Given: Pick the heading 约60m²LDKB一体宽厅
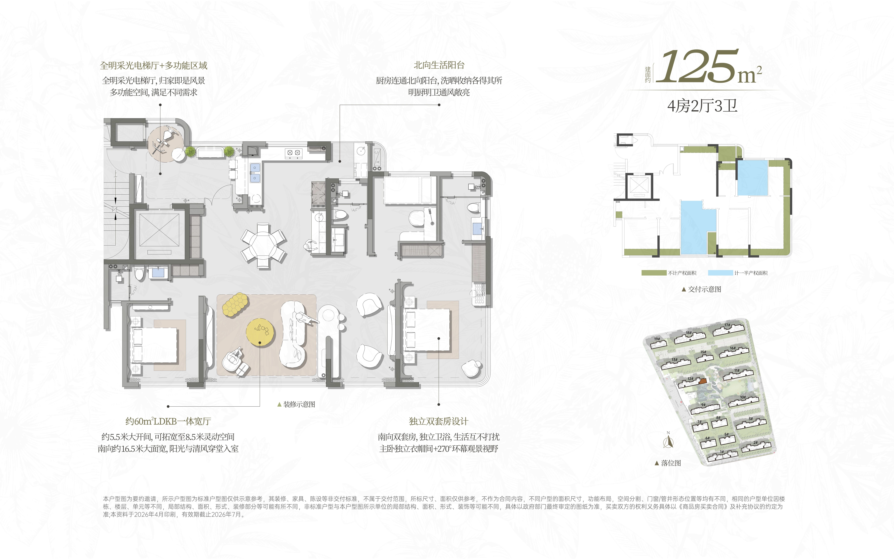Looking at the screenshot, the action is pos(168,421).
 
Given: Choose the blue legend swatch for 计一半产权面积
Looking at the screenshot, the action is pos(720,273).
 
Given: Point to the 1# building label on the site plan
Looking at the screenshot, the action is pos(722,452).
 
